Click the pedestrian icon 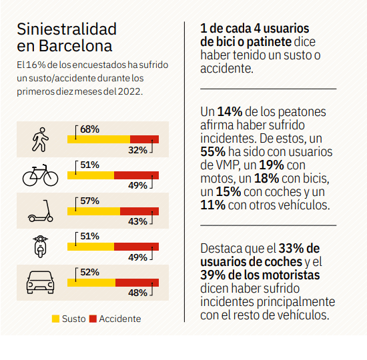point(40,139)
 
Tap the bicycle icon point(40,175)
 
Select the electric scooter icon point(41,211)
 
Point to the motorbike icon point(41,246)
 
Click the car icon point(40,283)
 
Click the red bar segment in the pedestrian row point(144,139)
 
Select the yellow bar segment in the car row point(91,283)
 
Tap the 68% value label point(89,129)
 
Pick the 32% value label point(137,150)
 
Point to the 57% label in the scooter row point(89,201)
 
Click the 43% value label point(137,221)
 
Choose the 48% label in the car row point(137,293)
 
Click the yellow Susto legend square point(55,319)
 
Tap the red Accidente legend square point(93,319)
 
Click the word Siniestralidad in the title point(67,29)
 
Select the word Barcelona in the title point(75,45)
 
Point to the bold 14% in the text point(230,111)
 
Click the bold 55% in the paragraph point(213,151)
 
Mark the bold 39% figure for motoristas point(213,275)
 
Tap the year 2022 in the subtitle point(129,91)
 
